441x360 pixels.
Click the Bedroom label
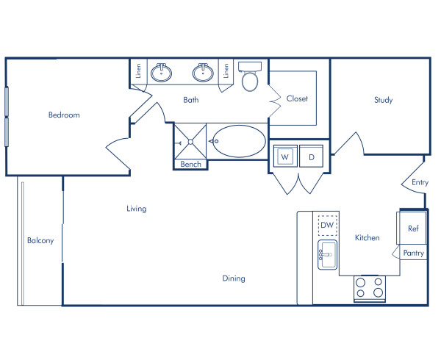[x=64, y=115]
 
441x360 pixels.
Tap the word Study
[x=383, y=100]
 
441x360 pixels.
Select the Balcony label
[x=40, y=240]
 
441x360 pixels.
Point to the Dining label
[x=234, y=278]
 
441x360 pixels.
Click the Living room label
[x=136, y=209]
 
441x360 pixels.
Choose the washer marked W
[x=284, y=156]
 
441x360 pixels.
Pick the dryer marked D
[x=311, y=156]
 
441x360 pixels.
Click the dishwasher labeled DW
[x=327, y=225]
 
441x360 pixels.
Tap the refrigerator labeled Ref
[x=413, y=228]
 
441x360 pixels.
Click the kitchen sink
[x=327, y=254]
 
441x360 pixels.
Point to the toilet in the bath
[x=250, y=79]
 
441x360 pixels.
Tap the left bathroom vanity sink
[x=162, y=73]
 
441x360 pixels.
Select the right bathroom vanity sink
[x=203, y=73]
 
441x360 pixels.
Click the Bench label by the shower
[x=190, y=165]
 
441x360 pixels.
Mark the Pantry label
[x=414, y=253]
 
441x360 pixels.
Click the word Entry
[x=420, y=182]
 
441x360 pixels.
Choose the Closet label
[x=297, y=98]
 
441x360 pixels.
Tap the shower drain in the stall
[x=190, y=140]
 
